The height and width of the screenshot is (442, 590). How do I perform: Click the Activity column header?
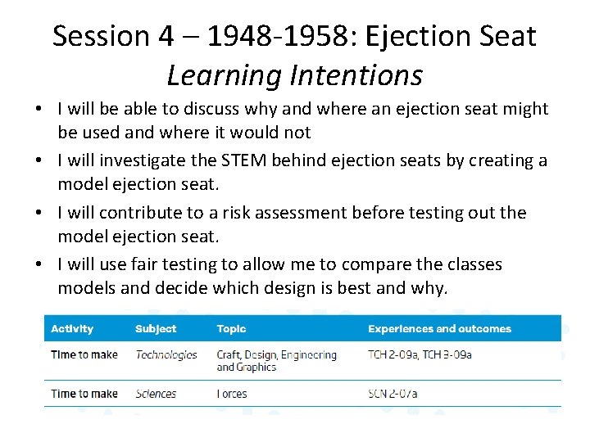click(72, 329)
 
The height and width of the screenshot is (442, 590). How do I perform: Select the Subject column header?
click(156, 329)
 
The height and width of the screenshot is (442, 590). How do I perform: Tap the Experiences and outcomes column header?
click(439, 329)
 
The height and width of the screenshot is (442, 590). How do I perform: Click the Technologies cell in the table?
click(166, 355)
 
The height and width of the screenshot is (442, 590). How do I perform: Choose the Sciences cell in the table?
click(156, 394)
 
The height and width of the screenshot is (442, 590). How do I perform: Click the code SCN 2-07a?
click(393, 394)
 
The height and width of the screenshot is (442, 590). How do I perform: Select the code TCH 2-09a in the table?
click(392, 355)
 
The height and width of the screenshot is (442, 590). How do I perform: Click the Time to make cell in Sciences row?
click(84, 394)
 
